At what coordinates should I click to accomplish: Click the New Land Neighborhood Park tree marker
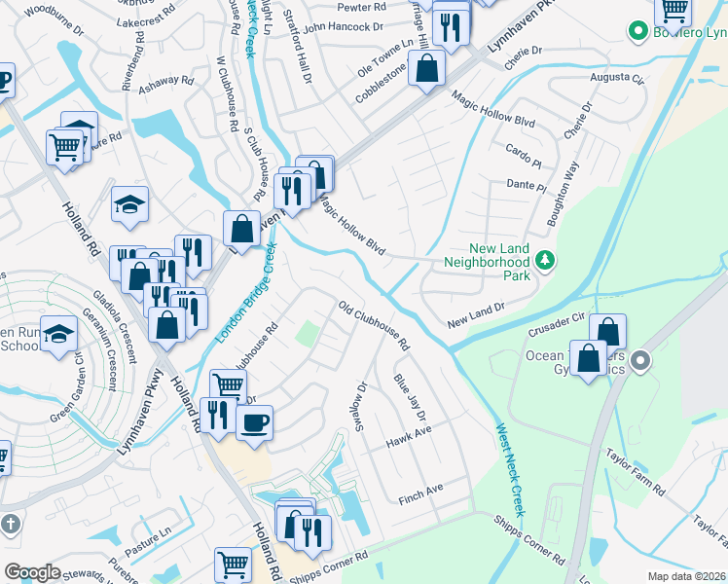click(x=546, y=260)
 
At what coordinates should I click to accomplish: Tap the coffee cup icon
click(x=255, y=423)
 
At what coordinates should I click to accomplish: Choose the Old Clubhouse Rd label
click(x=374, y=326)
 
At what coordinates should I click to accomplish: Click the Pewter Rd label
click(x=361, y=7)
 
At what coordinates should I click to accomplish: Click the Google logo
click(x=32, y=571)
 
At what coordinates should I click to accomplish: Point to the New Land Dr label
click(x=476, y=315)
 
